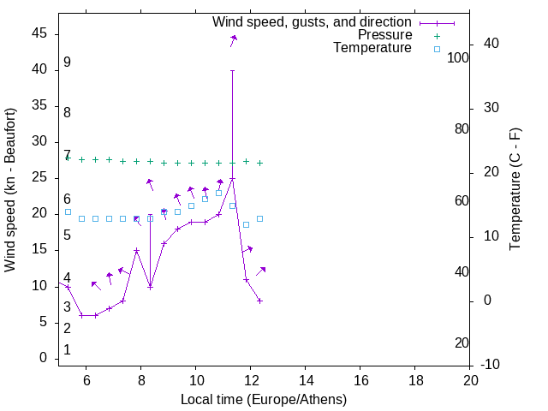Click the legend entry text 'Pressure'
(384, 35)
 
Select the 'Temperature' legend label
(372, 48)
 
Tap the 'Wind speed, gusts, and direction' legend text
(313, 21)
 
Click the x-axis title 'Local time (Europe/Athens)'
(264, 399)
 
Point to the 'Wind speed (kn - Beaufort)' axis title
(10, 190)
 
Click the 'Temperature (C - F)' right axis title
(515, 190)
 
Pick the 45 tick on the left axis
(39, 33)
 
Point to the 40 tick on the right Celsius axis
(491, 44)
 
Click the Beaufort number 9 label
(67, 63)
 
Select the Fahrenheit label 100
(459, 57)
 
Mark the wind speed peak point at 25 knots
(232, 178)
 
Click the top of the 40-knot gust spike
(232, 70)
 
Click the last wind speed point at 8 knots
(259, 301)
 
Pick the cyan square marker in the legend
(437, 49)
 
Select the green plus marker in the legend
(437, 35)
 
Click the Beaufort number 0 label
(67, 350)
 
